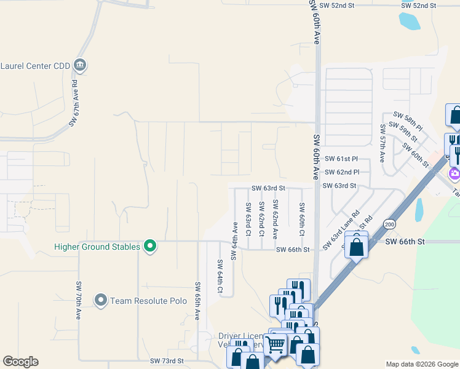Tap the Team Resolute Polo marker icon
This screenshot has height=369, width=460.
click(101, 300)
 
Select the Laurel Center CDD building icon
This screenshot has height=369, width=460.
click(80, 65)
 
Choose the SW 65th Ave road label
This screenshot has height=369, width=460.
click(197, 301)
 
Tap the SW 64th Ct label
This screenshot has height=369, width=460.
click(220, 276)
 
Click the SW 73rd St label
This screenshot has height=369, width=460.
click(167, 361)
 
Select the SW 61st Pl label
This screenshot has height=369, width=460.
click(342, 159)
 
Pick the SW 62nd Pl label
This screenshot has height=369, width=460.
click(342, 172)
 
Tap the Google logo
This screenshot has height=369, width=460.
click(20, 361)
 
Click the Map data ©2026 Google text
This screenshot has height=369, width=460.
click(421, 364)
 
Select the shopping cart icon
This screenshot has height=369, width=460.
click(275, 344)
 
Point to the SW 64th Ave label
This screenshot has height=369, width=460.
click(234, 242)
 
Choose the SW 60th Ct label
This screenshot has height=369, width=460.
click(302, 220)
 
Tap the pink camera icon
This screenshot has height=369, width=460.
click(455, 173)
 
